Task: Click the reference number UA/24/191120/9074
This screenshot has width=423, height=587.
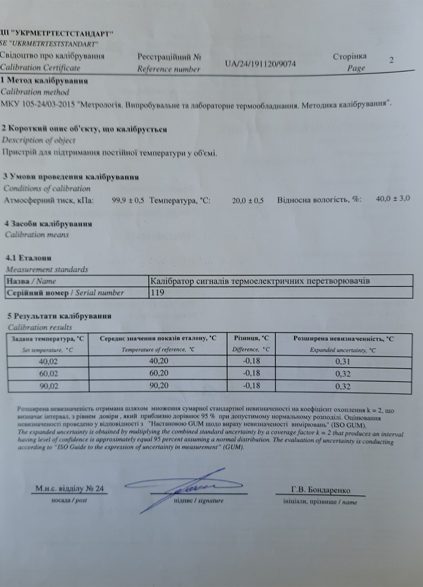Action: (x=260, y=64)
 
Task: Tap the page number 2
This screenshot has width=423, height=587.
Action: (x=391, y=60)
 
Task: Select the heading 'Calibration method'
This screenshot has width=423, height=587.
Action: (x=35, y=92)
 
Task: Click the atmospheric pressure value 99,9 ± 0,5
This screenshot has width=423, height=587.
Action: (x=128, y=200)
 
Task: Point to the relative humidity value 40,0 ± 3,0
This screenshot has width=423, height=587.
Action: (x=393, y=199)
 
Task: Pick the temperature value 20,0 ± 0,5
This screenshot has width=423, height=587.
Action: (x=248, y=201)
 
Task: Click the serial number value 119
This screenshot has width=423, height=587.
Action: (x=157, y=292)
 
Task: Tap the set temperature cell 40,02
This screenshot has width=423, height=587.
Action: (x=48, y=361)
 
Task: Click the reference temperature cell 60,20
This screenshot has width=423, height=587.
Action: (x=159, y=373)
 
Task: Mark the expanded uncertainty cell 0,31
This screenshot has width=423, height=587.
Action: (x=343, y=362)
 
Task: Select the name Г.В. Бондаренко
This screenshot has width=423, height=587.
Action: (x=320, y=490)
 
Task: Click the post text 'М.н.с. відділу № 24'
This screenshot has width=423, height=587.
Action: (x=69, y=488)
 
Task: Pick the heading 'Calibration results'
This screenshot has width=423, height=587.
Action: (x=40, y=327)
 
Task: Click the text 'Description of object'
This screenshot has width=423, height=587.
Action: (x=38, y=140)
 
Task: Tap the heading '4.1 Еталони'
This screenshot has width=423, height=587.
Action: (x=28, y=258)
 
